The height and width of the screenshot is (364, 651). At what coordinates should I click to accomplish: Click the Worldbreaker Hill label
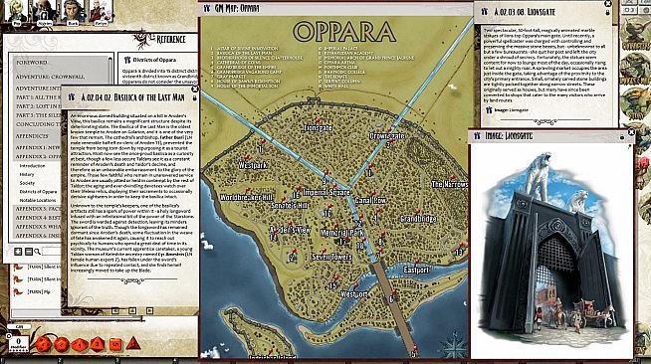click(x=242, y=199)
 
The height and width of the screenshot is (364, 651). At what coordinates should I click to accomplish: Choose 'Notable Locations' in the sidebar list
click(x=41, y=200)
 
